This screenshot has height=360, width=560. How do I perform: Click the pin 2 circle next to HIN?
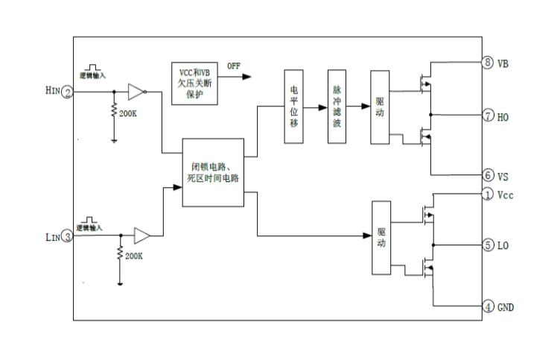(67, 92)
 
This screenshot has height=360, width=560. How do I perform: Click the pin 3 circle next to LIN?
(67, 238)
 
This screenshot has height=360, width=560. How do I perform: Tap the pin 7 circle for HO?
(488, 116)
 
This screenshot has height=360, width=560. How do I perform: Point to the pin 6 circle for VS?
(488, 175)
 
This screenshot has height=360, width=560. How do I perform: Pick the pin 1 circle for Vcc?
(488, 195)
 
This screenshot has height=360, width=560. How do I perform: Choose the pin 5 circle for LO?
(488, 244)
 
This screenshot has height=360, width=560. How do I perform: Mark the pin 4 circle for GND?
(488, 306)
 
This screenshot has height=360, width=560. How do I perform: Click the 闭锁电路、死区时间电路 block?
(213, 173)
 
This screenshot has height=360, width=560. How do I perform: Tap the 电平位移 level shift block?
(294, 107)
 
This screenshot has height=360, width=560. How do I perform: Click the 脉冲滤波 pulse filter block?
(337, 107)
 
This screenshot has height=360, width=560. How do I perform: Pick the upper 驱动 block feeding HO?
(381, 107)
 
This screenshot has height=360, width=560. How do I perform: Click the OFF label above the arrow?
(234, 66)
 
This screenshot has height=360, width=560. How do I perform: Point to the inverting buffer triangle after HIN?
(135, 92)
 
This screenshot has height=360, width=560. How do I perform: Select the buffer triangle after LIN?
(141, 236)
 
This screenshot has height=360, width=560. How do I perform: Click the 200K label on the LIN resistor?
(135, 256)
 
